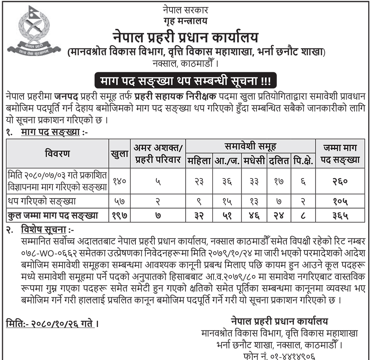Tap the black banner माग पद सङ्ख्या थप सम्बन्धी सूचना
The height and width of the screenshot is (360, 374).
pyautogui.click(x=186, y=80)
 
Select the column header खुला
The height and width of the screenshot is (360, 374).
pyautogui.click(x=119, y=154)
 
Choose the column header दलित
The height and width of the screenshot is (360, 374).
pyautogui.click(x=279, y=161)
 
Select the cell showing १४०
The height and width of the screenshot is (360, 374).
pyautogui.click(x=119, y=181)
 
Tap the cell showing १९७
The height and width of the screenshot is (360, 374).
pyautogui.click(x=119, y=215)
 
